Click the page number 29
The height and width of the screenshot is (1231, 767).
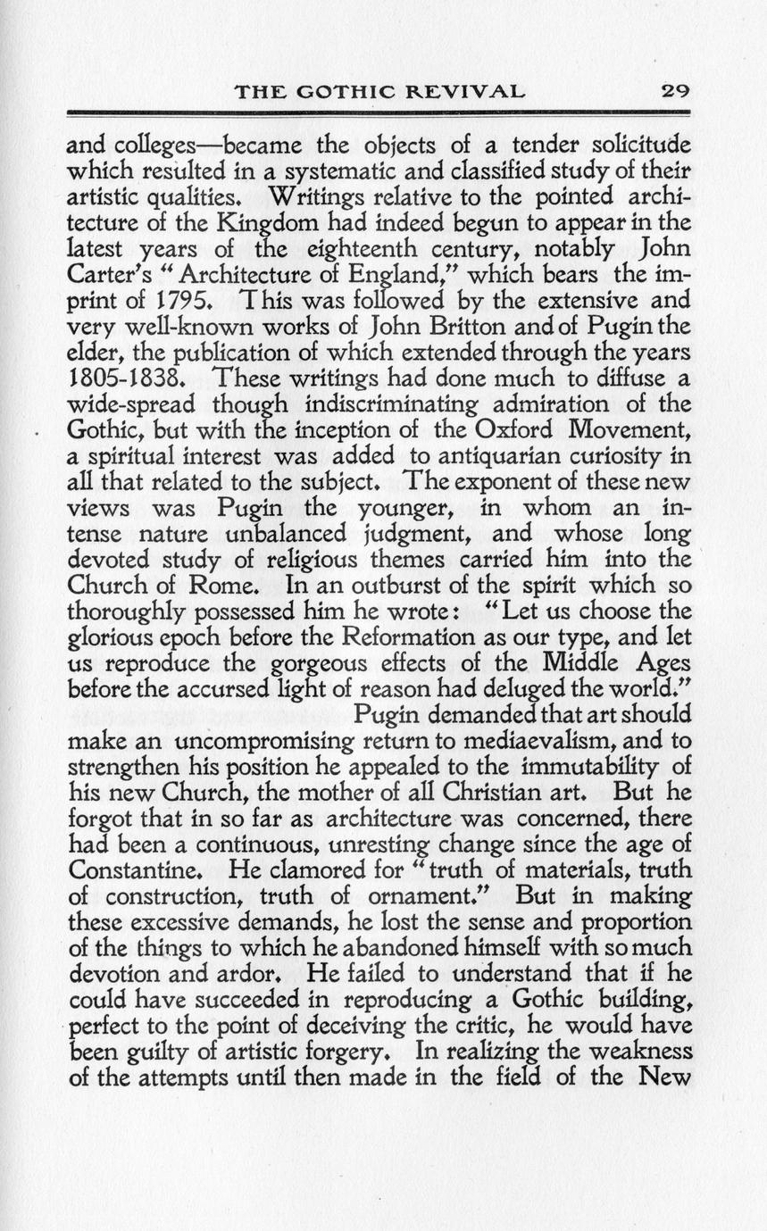[x=675, y=90]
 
